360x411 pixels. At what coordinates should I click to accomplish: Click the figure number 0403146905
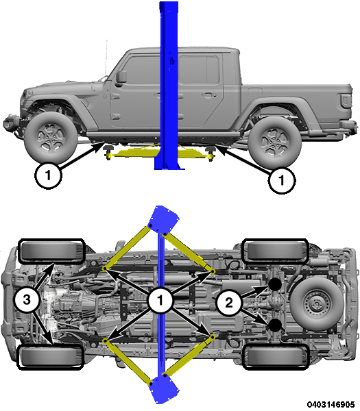(331, 404)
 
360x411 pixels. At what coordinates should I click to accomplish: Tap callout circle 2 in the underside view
(228, 303)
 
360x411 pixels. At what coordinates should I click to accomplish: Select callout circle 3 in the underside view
(27, 299)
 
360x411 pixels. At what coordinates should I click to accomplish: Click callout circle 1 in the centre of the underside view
(160, 300)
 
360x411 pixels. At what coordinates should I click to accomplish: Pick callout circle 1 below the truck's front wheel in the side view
(48, 175)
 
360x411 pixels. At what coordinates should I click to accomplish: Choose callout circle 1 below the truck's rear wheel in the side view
(282, 180)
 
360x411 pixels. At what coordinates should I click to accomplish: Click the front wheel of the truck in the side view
(51, 138)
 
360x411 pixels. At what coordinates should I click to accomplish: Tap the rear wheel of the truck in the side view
(275, 142)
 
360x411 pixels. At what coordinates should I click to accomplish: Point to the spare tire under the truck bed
(317, 304)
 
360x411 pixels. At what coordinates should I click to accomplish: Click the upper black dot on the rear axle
(275, 284)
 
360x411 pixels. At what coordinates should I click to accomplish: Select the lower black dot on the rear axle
(275, 325)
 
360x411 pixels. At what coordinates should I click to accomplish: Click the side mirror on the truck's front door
(121, 78)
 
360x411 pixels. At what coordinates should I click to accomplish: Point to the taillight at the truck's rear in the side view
(346, 101)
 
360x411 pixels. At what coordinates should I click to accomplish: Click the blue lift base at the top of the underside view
(163, 219)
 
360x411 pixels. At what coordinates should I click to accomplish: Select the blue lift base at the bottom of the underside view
(163, 388)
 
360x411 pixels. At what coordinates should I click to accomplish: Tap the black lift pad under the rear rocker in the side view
(211, 149)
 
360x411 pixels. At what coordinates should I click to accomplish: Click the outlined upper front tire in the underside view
(51, 251)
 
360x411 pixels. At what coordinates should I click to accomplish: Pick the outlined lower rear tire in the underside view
(275, 358)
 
